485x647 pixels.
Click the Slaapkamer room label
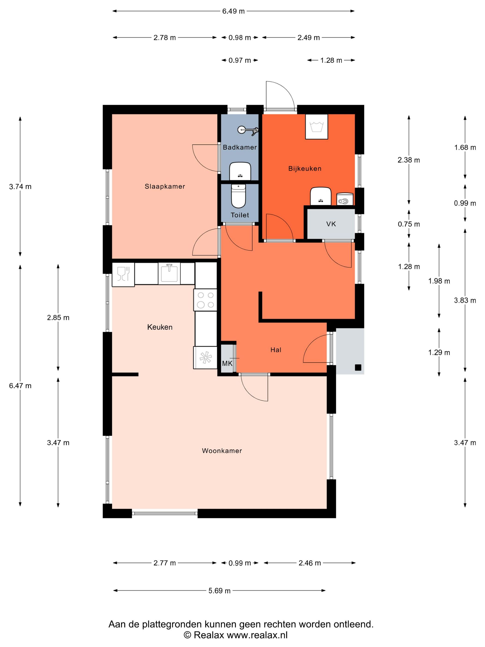pyautogui.click(x=165, y=186)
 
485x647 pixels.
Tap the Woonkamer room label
pyautogui.click(x=222, y=451)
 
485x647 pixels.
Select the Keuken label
pyautogui.click(x=160, y=327)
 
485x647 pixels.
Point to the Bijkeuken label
pyautogui.click(x=305, y=168)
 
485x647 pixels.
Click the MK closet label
pyautogui.click(x=227, y=363)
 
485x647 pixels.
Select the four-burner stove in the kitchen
pyautogui.click(x=205, y=300)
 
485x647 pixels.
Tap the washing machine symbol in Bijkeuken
pyautogui.click(x=316, y=127)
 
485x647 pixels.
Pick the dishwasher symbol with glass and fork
pyautogui.click(x=123, y=274)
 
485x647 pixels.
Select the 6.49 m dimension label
pyautogui.click(x=233, y=11)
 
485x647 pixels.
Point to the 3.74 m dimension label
pyautogui.click(x=20, y=187)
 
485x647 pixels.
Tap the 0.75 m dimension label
pyautogui.click(x=409, y=224)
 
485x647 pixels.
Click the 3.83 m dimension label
pyautogui.click(x=465, y=300)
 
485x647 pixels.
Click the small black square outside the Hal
pyautogui.click(x=358, y=368)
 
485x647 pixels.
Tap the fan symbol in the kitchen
pyautogui.click(x=205, y=357)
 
